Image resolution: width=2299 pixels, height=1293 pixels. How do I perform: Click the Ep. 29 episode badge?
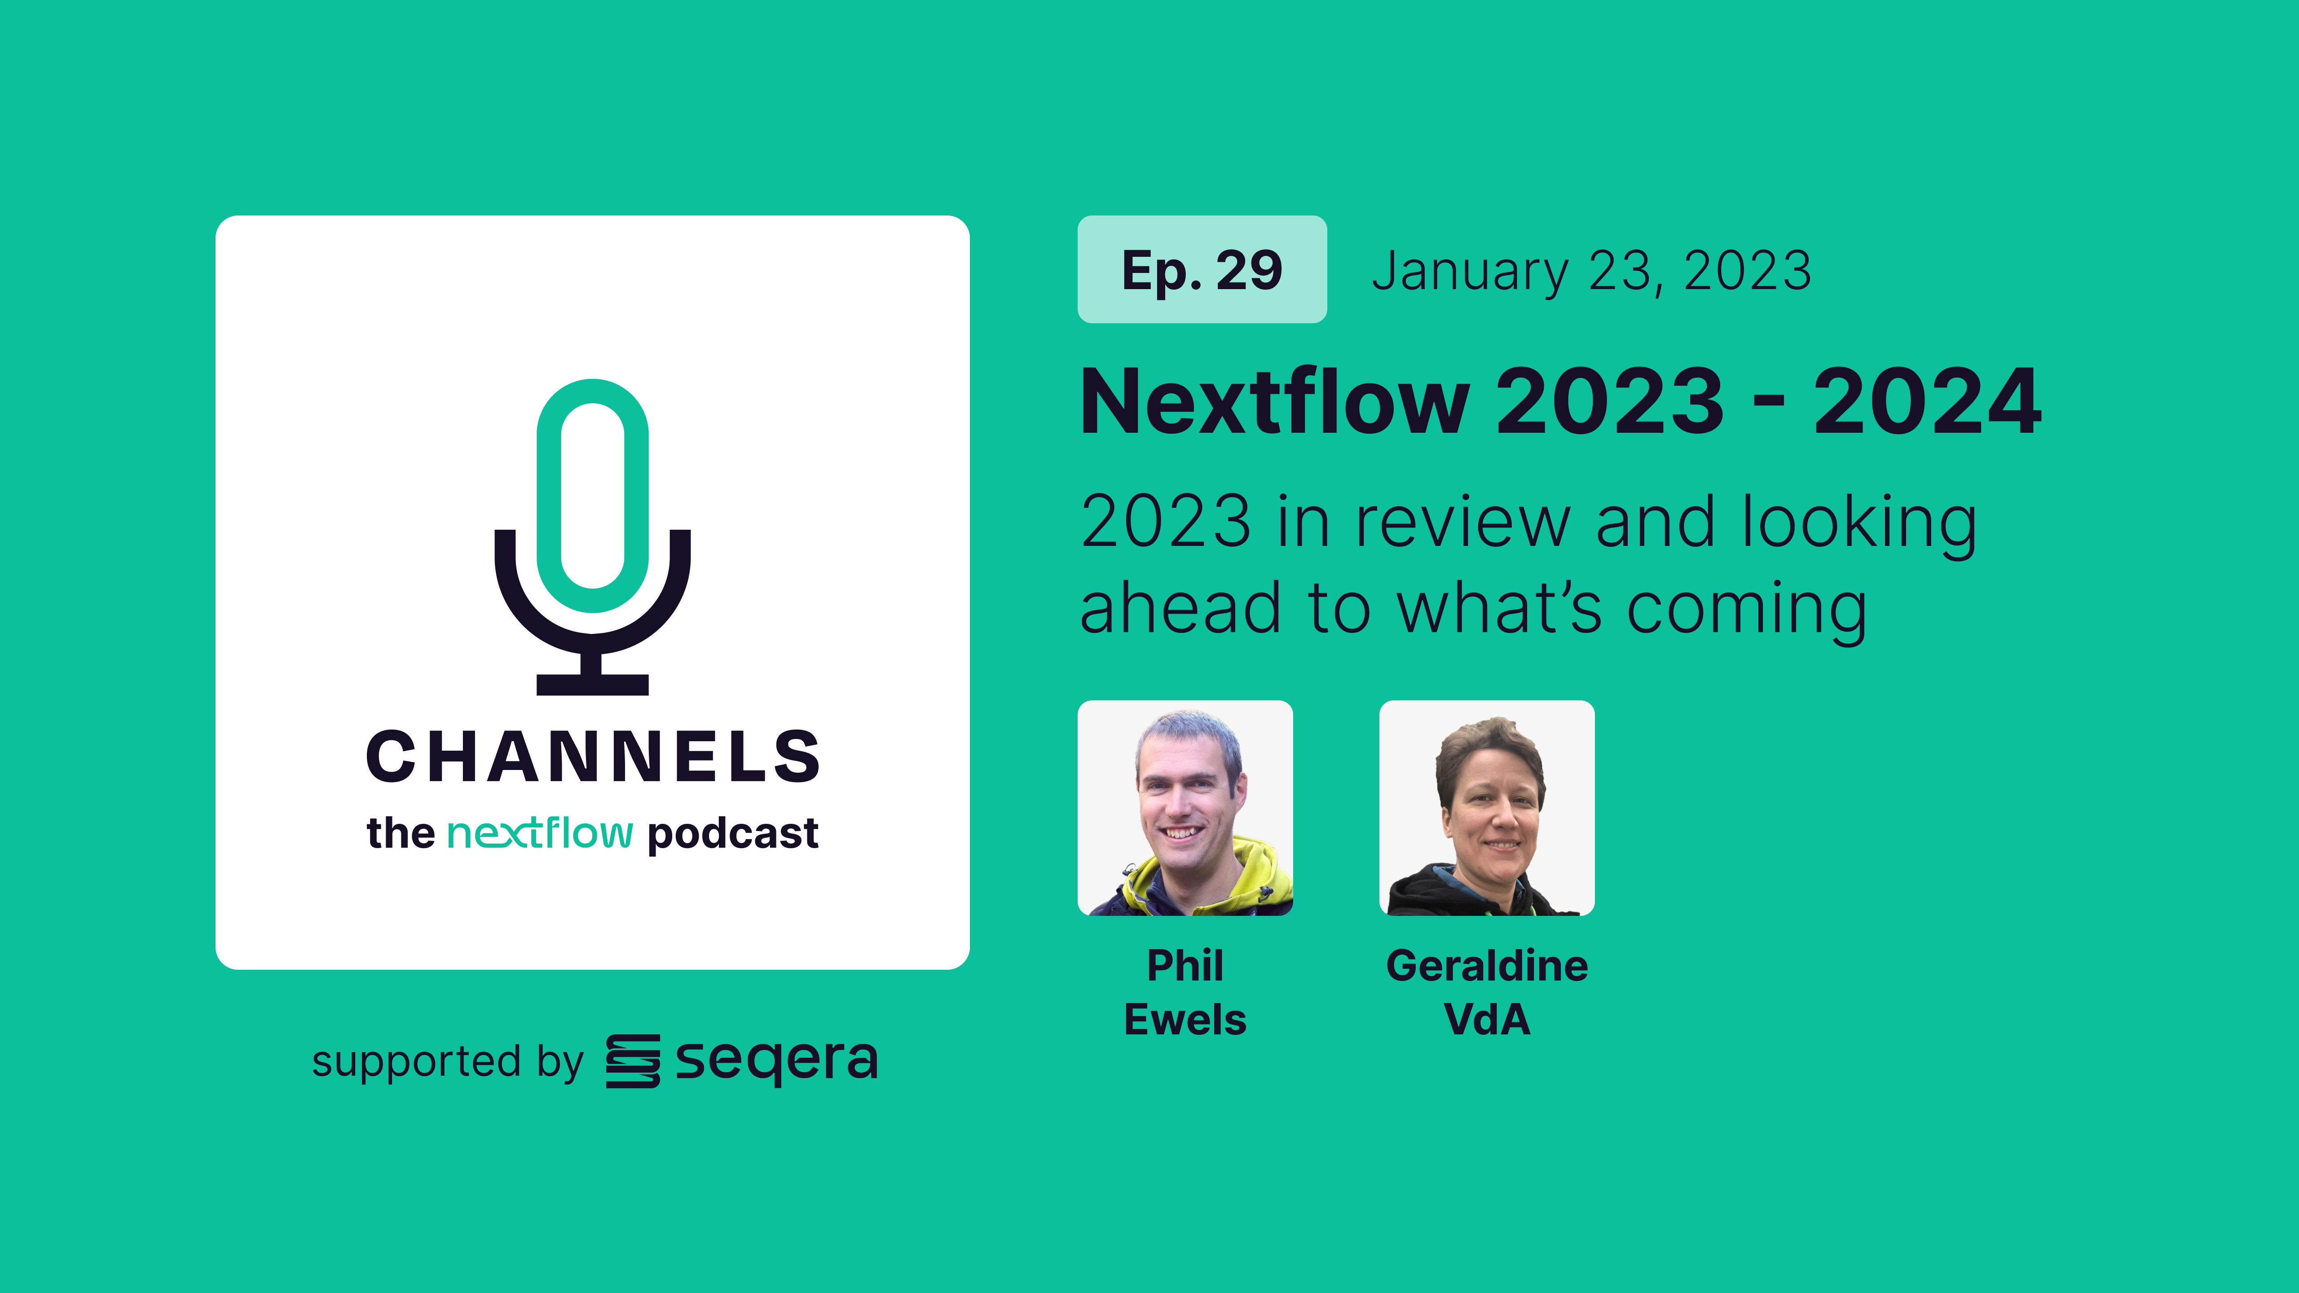coord(1201,269)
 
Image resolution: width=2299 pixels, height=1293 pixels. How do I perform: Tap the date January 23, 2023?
coord(1591,271)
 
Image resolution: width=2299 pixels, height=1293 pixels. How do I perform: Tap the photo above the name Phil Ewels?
coord(1185,808)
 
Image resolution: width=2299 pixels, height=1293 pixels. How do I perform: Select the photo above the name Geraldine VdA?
coord(1486,808)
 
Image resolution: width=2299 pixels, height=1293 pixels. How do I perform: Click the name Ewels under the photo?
coord(1185,1019)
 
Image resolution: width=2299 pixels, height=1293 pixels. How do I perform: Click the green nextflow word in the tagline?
coord(540,833)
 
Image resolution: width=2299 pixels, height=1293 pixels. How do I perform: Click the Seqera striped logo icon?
coord(633,1061)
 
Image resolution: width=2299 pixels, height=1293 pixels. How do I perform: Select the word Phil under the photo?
coord(1185,966)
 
